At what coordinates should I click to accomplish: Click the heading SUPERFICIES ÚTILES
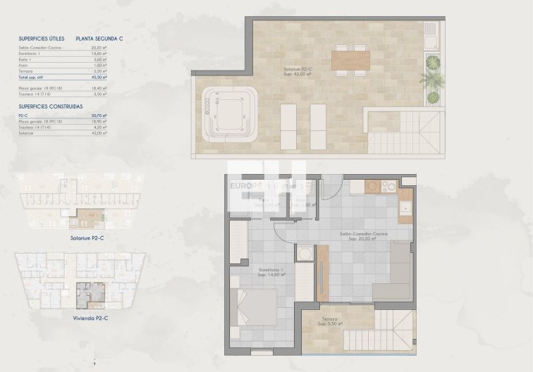pos(42,39)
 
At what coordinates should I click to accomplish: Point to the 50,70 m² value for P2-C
pos(99,116)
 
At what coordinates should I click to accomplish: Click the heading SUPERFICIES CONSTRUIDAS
pos(49,106)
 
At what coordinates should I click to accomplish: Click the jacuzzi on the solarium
pos(228,112)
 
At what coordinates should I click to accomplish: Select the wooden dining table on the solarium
pos(350,61)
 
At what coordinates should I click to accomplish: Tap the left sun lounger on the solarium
pos(289,125)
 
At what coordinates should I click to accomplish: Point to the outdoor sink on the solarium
pos(431,32)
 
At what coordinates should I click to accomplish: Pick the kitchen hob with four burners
pos(388,187)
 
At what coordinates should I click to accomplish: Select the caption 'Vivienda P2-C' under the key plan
pos(90,319)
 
